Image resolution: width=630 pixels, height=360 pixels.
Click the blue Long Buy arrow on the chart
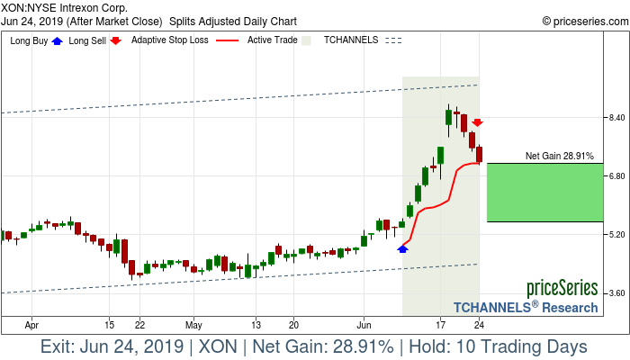[402, 247]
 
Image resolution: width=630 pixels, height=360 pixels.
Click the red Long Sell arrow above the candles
[478, 122]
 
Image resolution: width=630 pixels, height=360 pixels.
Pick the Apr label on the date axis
[32, 324]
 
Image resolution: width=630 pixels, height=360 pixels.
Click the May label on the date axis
[194, 324]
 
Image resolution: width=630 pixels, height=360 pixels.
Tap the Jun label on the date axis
[365, 324]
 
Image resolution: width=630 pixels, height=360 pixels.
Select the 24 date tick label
[480, 324]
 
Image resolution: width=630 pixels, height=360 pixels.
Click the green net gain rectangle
[544, 192]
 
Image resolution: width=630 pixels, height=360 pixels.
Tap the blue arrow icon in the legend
[58, 40]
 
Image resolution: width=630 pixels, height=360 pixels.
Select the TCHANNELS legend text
[351, 40]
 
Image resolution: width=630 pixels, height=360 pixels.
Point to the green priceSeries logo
[562, 289]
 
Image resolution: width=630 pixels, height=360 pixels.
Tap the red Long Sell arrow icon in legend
[115, 40]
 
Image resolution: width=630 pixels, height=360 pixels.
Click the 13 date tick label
[256, 324]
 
